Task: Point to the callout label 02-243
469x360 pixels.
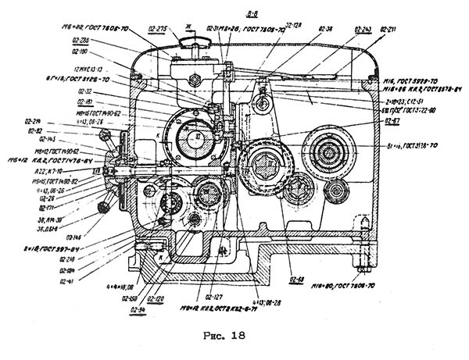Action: (362, 29)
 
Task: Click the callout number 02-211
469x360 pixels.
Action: (387, 29)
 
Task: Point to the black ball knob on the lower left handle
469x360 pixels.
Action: (103, 206)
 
